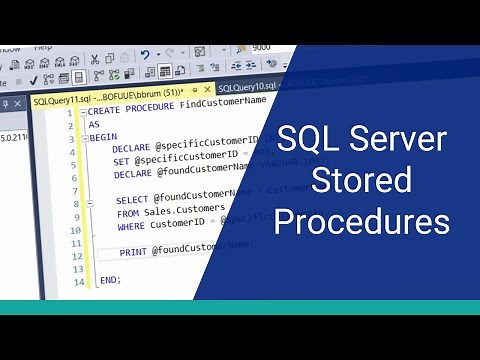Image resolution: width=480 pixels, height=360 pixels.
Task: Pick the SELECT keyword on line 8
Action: click(x=132, y=199)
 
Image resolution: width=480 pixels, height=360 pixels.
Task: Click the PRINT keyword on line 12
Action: click(x=132, y=251)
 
